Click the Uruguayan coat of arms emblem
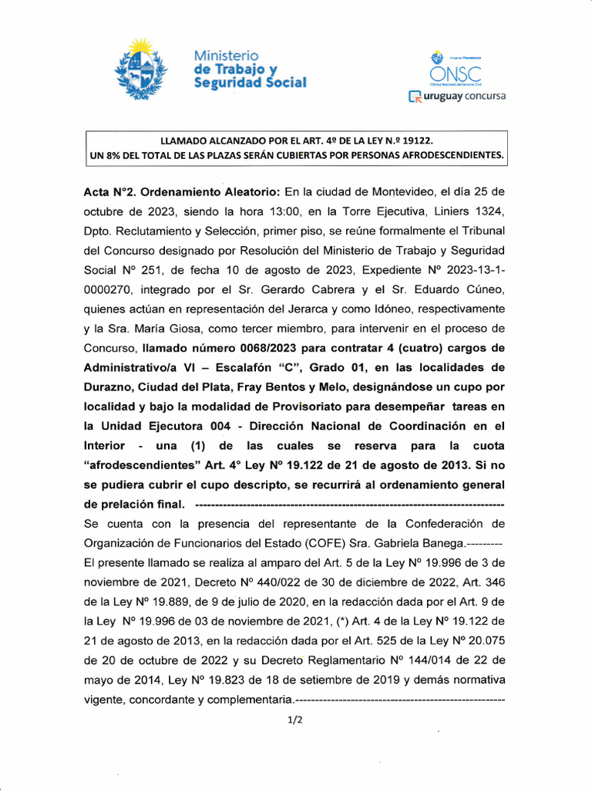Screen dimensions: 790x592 [140, 70]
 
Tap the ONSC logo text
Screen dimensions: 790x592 [455, 75]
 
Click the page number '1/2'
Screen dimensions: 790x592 [294, 720]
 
